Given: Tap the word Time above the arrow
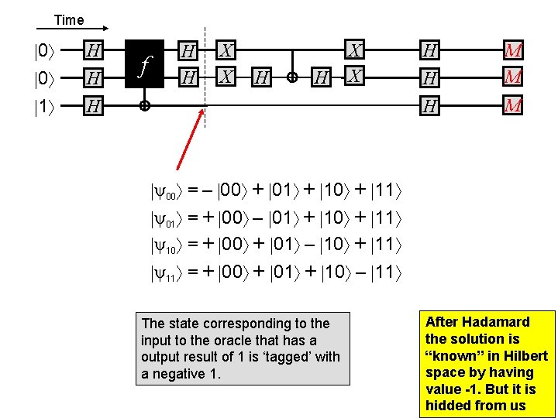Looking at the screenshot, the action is [x=69, y=20].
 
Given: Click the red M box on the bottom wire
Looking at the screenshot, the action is [x=512, y=105].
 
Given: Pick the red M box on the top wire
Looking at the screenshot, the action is [x=512, y=51].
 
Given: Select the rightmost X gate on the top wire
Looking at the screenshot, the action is [x=355, y=51].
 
